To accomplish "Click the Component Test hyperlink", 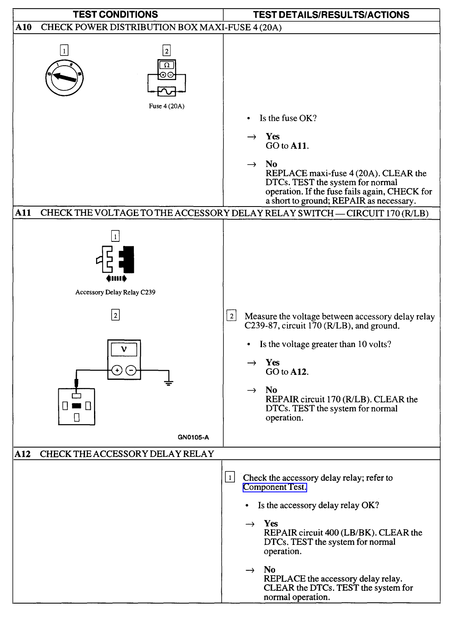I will pos(274,487).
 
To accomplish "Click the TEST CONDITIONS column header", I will pos(115,15).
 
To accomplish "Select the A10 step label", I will pos(23,28).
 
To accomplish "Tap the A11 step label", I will pos(23,213).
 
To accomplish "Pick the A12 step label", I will pos(23,454).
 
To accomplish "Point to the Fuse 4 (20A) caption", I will pos(166,106).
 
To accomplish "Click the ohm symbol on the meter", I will pos(167,65).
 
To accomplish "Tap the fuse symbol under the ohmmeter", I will pos(167,91).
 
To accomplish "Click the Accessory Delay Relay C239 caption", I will pos(115,292).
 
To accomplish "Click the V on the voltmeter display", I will pos(124,349).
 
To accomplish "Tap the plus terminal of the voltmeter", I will pos(117,370).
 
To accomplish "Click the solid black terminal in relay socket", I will pos(76,406).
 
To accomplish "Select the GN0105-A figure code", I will pos(193,437).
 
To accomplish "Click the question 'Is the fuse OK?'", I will pos(288,118).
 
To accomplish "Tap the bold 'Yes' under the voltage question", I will pos(272,363).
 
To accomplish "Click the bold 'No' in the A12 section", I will pos(269,569).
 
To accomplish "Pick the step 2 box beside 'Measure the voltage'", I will pos(231,316).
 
